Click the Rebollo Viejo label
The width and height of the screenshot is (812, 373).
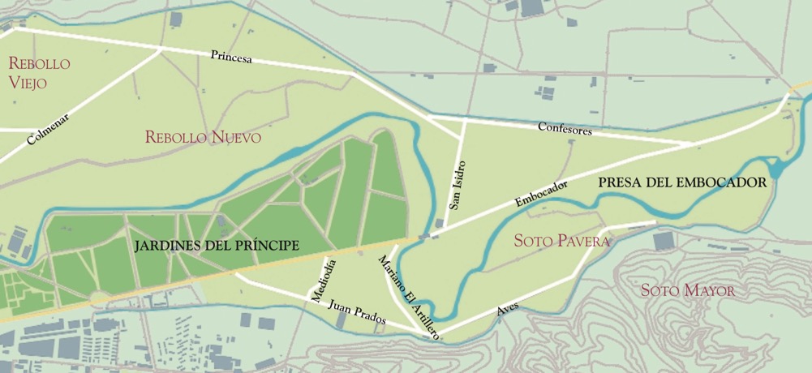[39, 72]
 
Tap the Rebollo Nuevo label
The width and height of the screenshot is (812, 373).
[203, 137]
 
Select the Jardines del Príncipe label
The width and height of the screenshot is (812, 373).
[217, 245]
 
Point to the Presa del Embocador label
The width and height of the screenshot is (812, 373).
[681, 182]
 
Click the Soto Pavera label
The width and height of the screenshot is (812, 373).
[561, 241]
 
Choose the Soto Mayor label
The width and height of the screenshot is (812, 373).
[687, 290]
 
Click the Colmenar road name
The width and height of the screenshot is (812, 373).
[48, 129]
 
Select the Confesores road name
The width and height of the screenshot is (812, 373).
[565, 129]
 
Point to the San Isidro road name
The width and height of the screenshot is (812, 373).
[458, 186]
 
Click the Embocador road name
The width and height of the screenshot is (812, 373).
[541, 194]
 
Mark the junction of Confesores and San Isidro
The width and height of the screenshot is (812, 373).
[464, 120]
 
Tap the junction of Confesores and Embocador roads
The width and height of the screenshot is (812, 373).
[692, 144]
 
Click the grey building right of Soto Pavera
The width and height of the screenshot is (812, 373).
[664, 241]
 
